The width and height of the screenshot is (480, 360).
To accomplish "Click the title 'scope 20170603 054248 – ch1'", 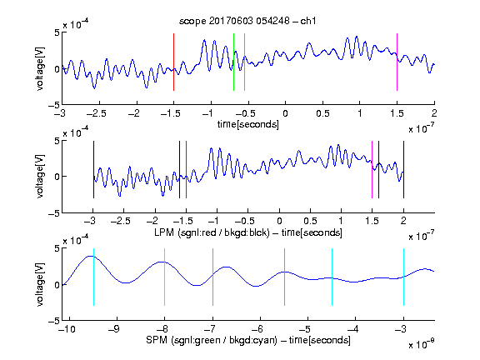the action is click(x=247, y=21).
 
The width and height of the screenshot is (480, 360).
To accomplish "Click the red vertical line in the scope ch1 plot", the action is click(x=173, y=62).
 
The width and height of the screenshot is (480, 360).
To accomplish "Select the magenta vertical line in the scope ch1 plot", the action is click(x=397, y=62).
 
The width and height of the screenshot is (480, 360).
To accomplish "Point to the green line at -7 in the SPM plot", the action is click(x=212, y=277).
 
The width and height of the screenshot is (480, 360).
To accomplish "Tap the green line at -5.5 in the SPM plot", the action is click(x=285, y=277).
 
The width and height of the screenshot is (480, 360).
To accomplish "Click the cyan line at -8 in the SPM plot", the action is click(x=165, y=277).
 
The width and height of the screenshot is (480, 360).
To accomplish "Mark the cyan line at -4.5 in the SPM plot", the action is click(x=332, y=277).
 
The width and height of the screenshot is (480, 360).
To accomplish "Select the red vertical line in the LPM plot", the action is click(x=186, y=170).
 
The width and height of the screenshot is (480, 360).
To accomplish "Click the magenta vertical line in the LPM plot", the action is click(x=372, y=170).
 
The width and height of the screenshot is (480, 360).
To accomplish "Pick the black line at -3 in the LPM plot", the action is click(x=93, y=170).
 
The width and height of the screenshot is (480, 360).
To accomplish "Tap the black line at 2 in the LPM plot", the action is click(x=404, y=170).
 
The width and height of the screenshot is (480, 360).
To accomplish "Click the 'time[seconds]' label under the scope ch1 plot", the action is click(x=248, y=124).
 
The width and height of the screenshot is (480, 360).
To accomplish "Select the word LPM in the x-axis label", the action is click(x=164, y=232).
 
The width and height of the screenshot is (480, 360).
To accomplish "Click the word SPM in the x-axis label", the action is click(x=157, y=340).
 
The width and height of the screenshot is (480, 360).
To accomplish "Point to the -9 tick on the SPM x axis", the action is click(x=114, y=329).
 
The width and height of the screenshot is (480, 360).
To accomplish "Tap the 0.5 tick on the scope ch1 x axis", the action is click(x=322, y=113).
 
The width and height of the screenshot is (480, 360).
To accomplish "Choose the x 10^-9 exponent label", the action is click(x=422, y=344).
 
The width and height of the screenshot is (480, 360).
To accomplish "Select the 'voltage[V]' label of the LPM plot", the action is click(x=40, y=177).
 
